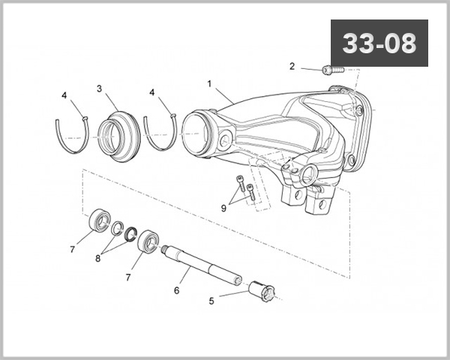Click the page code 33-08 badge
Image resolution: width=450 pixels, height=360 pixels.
click(379, 43)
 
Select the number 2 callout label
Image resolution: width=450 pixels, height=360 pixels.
click(292, 66)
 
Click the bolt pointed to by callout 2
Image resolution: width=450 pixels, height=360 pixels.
click(331, 70)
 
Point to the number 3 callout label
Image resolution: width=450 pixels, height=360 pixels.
click(99, 88)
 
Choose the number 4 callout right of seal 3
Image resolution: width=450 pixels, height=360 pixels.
click(152, 92)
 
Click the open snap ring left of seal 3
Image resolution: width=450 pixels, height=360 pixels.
click(73, 135)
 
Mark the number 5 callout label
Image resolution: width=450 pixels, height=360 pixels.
click(211, 301)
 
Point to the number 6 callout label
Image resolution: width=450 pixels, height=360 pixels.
click(176, 289)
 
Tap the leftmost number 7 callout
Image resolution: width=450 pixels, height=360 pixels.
click(73, 249)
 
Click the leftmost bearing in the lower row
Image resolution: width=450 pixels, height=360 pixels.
click(99, 220)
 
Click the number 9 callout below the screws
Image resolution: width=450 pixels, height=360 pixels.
click(223, 206)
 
